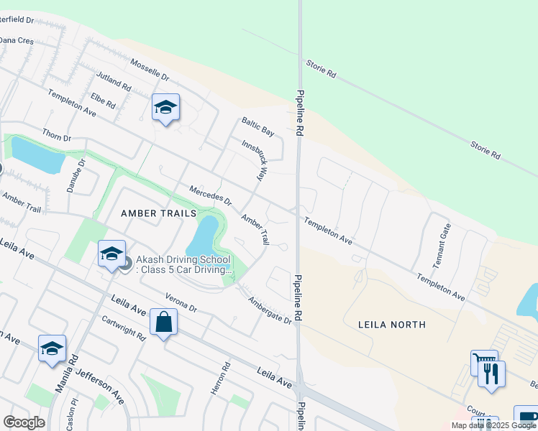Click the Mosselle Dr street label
[149, 70]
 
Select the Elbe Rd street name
[103, 101]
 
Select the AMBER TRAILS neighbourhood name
[158, 213]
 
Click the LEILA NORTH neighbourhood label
[392, 325]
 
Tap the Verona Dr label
[181, 302]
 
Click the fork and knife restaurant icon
[491, 374]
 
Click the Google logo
[24, 422]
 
